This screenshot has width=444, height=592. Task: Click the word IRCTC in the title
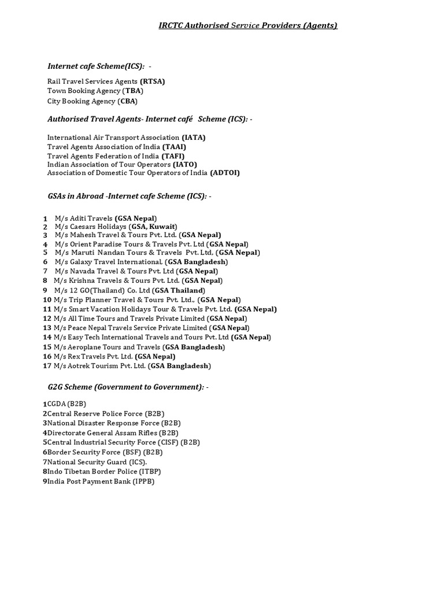(171, 25)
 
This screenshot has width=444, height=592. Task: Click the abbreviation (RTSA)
(152, 82)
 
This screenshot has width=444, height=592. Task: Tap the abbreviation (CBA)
(127, 101)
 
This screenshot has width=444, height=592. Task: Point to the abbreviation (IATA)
(194, 138)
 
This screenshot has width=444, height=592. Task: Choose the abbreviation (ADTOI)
(224, 173)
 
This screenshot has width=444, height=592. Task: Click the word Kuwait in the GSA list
(163, 227)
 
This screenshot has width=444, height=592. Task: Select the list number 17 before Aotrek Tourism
(47, 366)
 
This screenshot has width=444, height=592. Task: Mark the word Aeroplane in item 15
(86, 347)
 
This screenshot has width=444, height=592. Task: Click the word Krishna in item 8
(82, 280)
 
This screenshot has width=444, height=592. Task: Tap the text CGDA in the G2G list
(57, 404)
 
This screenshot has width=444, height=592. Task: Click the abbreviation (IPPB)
(143, 481)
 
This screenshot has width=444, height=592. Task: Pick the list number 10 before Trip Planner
(47, 299)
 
